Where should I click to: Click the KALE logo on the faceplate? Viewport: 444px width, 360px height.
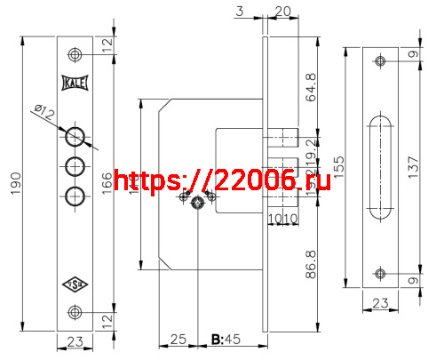coord(75,83)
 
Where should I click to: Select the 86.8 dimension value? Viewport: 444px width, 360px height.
coord(311,265)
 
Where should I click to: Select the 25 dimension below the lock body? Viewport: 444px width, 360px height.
coord(178,340)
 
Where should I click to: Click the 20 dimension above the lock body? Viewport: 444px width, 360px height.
coord(283,11)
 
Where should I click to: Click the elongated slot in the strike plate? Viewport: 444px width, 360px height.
coord(381,166)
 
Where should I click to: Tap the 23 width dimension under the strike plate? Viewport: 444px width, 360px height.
coord(380,303)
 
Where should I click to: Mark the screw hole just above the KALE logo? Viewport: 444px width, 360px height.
coord(75,55)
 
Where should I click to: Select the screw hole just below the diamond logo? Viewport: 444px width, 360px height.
coord(75,311)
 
